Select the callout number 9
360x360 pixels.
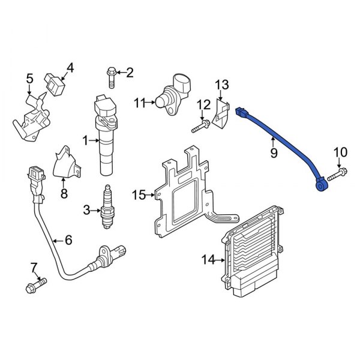pos(273,154)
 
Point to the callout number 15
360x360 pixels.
pos(138,194)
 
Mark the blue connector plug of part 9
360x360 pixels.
pos(243,112)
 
